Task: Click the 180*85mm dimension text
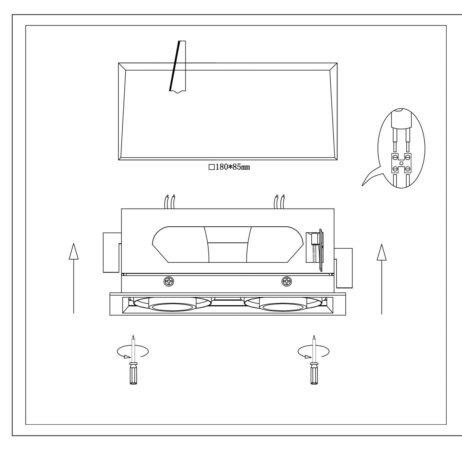pyautogui.click(x=232, y=167)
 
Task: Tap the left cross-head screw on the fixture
pyautogui.click(x=169, y=281)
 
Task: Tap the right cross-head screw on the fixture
pyautogui.click(x=287, y=281)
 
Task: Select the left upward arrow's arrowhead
pyautogui.click(x=74, y=251)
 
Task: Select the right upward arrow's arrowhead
pyautogui.click(x=382, y=252)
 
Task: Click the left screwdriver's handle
pyautogui.click(x=133, y=374)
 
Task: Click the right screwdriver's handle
pyautogui.click(x=314, y=374)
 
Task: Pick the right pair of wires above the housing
pyautogui.click(x=279, y=201)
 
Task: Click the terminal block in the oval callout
pyautogui.click(x=401, y=163)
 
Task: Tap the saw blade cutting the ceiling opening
pyautogui.click(x=178, y=66)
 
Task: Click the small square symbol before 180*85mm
pyautogui.click(x=212, y=167)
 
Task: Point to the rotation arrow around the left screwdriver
pyautogui.click(x=133, y=352)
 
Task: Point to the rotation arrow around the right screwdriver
pyautogui.click(x=313, y=352)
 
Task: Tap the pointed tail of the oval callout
pyautogui.click(x=362, y=185)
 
